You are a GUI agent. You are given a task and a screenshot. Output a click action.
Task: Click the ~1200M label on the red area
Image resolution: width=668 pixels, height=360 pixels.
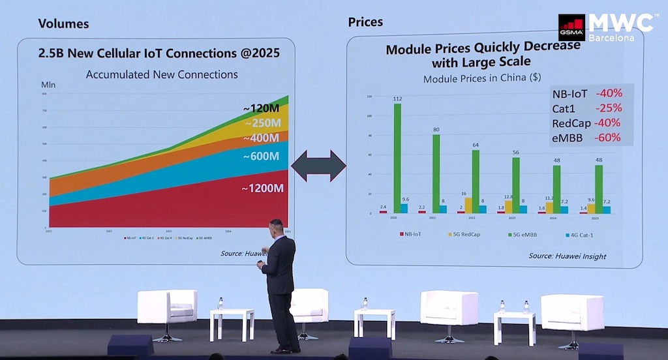263,189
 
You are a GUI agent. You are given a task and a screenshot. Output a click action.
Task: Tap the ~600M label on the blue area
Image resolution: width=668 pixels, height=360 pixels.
261,157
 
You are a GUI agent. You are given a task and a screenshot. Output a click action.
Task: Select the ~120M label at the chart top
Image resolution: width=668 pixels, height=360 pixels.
262,108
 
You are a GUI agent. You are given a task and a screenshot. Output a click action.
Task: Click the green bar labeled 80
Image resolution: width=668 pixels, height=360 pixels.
436,173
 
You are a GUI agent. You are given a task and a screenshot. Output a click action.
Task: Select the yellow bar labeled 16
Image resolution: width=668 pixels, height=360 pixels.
468,205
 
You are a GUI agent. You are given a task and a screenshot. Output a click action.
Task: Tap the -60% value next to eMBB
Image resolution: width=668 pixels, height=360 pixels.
607,138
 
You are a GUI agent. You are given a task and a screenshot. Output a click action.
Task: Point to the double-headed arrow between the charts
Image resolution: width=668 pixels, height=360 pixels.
318,166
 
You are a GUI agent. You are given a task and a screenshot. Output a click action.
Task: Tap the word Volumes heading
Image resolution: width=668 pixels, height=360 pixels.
63,24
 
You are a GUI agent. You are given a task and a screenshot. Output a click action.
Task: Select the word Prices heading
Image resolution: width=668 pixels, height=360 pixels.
365,22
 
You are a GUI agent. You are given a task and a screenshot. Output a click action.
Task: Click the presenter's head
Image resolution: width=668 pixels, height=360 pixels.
276,228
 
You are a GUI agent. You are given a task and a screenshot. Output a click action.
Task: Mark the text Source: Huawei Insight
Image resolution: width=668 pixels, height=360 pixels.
567,256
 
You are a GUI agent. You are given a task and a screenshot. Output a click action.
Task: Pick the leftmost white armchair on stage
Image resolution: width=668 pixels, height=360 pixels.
167,307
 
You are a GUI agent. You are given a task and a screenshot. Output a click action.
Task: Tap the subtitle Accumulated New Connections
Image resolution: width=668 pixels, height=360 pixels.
162,74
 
